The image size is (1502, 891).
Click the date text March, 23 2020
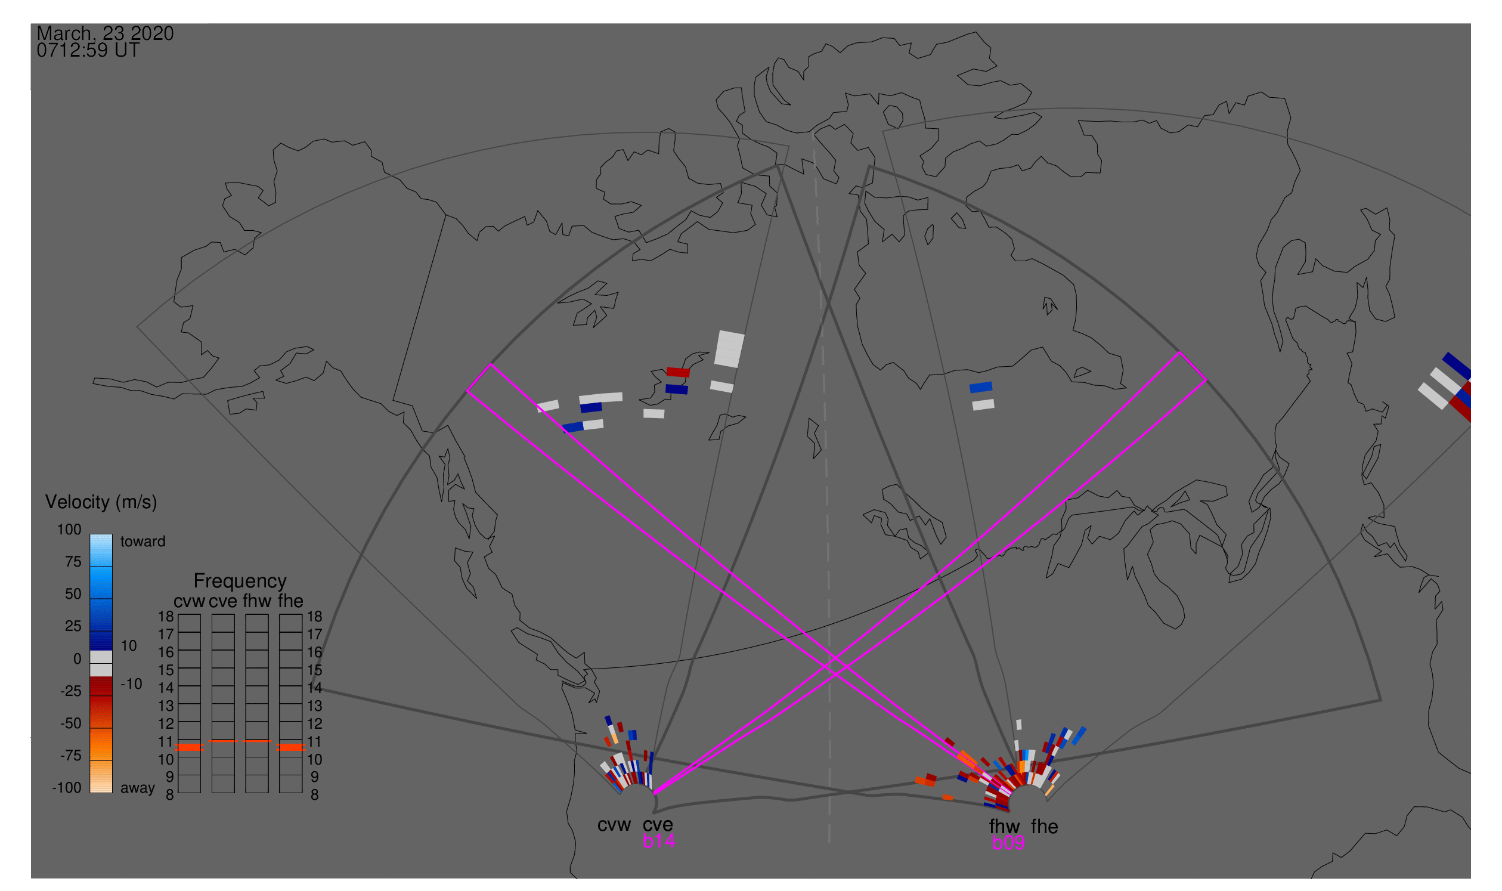click(105, 33)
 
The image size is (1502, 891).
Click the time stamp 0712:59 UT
click(88, 51)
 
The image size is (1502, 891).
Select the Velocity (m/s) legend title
click(101, 502)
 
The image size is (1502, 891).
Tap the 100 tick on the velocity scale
click(69, 530)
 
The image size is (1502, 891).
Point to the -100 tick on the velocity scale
click(67, 788)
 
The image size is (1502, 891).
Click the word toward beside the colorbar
click(143, 542)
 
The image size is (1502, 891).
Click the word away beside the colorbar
click(138, 788)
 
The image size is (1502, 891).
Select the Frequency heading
click(240, 581)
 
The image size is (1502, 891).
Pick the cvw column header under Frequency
click(189, 602)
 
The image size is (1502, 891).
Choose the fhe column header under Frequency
click(290, 601)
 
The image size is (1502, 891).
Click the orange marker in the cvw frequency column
click(190, 747)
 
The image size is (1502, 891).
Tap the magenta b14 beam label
click(658, 841)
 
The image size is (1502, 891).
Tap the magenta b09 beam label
click(1008, 843)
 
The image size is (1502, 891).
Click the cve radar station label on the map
click(658, 825)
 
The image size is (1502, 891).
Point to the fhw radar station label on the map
click(1004, 827)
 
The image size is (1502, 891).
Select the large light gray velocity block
click(729, 349)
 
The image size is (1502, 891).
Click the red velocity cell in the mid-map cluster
click(679, 372)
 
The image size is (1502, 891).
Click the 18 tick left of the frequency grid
click(166, 617)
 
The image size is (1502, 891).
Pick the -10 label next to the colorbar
click(131, 684)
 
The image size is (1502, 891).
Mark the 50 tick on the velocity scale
click(73, 594)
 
